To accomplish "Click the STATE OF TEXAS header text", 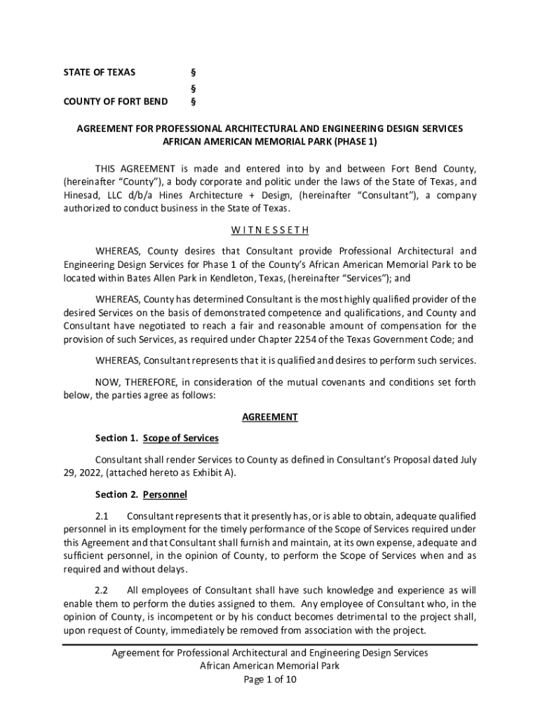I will (x=100, y=72).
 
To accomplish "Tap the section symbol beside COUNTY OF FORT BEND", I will (x=194, y=102).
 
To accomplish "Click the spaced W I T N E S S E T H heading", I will (x=269, y=230).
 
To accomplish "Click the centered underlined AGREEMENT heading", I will (x=269, y=417).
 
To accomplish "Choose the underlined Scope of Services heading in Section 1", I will (x=181, y=438).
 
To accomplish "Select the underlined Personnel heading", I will (x=165, y=494).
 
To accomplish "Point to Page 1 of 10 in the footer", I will (x=269, y=679).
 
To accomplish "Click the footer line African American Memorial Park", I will (x=269, y=666).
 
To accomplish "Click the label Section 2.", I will (x=116, y=494).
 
